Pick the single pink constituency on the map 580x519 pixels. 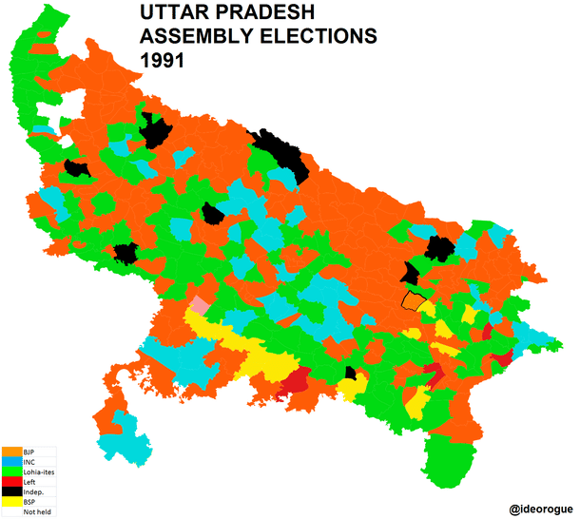199,304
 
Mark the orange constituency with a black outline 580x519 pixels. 413,300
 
